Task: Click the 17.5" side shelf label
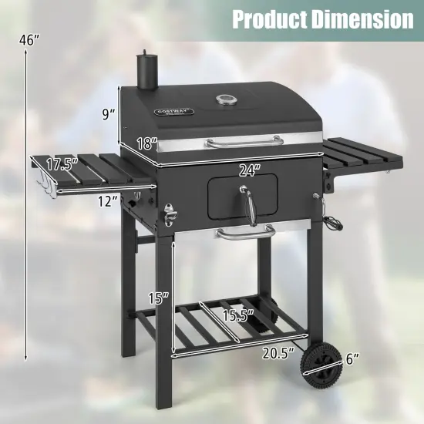(62, 164)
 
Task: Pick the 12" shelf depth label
(107, 201)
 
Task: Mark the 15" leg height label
(156, 297)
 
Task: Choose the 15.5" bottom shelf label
(236, 315)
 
